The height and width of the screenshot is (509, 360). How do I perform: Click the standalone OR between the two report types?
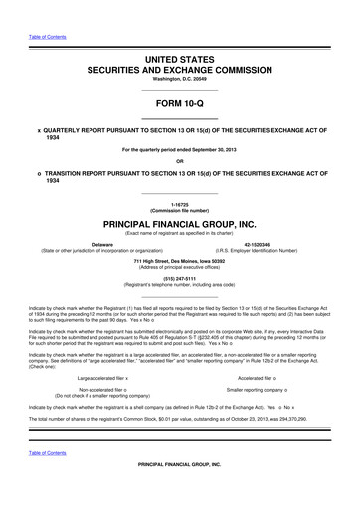[179, 162]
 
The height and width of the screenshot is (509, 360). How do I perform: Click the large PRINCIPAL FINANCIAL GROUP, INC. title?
[179, 224]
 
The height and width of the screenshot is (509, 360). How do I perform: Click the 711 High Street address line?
[179, 261]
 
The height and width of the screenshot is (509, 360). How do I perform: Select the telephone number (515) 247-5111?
[179, 279]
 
